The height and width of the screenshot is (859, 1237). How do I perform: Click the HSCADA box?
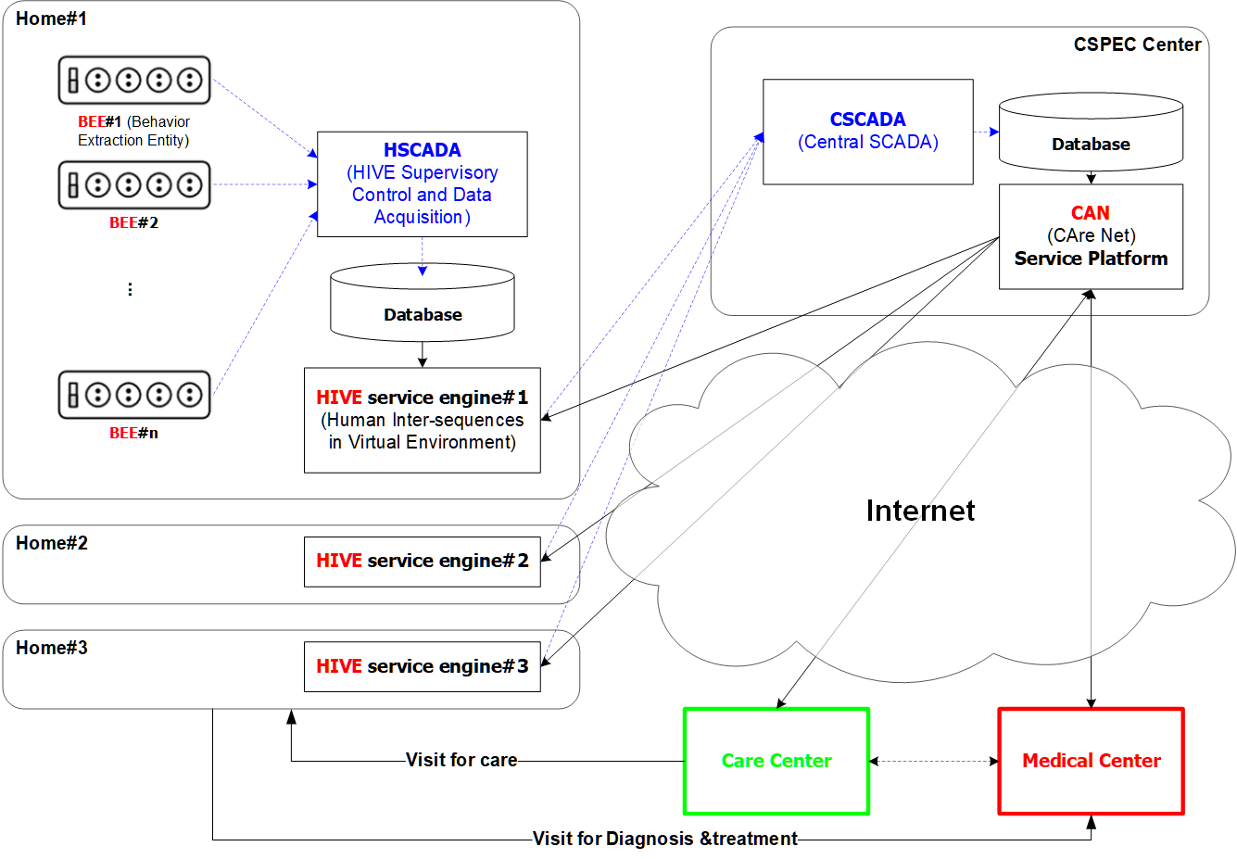coord(422,183)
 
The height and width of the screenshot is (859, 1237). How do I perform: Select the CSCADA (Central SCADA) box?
coord(867,132)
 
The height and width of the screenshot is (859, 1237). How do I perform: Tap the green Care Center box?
coord(776,761)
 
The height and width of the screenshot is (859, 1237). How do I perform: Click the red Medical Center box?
coord(1091,761)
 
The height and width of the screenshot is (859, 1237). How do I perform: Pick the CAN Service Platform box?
coord(1091,236)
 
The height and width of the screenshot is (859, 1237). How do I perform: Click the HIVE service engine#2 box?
coord(422,561)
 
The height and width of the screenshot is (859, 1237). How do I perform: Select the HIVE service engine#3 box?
coord(422,666)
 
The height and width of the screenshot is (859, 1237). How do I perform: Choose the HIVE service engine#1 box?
coord(422,420)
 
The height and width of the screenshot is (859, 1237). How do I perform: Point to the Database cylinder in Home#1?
coord(422,304)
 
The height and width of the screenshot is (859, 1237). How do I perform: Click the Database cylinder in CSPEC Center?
coord(1091,133)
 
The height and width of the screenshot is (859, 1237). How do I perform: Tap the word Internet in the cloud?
coord(920,511)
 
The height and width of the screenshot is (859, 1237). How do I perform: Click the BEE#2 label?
coord(133,222)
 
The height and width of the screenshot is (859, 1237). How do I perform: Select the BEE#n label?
coord(133,433)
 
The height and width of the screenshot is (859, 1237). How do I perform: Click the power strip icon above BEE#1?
coord(134,80)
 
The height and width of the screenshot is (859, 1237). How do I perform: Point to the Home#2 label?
coord(52,543)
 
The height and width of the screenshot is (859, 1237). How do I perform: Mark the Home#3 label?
coord(52,648)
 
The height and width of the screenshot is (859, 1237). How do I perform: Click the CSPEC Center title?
coord(1137,44)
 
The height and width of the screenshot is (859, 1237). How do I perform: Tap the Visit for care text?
coord(461,760)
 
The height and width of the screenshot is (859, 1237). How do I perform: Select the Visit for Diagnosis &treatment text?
coord(664,839)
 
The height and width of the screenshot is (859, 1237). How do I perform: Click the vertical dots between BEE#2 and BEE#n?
coord(130,289)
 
